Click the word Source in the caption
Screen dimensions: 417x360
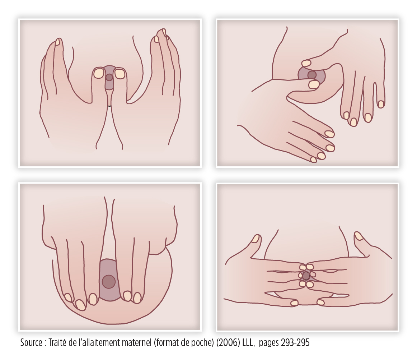point(31,343)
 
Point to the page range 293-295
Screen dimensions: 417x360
point(295,343)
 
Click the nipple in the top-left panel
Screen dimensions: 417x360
point(109,78)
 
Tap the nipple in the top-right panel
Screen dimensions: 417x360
point(312,75)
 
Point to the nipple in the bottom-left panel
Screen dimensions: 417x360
point(109,282)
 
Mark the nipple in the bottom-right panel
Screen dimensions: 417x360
point(306,276)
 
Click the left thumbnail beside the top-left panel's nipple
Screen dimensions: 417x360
point(99,74)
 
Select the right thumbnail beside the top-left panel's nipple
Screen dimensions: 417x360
point(120,74)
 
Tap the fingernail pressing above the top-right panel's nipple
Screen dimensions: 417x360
point(306,63)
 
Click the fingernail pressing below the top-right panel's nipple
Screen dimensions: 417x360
point(314,85)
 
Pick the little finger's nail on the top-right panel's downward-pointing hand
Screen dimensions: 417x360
point(381,104)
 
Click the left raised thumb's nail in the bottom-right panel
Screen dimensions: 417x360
point(256,238)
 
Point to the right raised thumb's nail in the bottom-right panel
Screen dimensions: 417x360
point(359,236)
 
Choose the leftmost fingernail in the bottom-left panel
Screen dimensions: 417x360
point(68,297)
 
